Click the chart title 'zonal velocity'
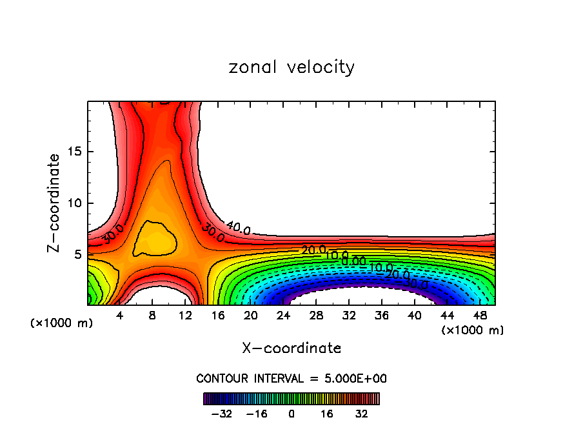291,67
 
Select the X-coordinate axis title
291,348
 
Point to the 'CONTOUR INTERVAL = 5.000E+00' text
291,378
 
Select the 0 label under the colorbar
291,414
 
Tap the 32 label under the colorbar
361,414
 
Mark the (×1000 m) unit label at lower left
62,323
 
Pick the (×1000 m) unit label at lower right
472,330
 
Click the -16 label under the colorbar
257,414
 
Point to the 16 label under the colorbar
327,414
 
